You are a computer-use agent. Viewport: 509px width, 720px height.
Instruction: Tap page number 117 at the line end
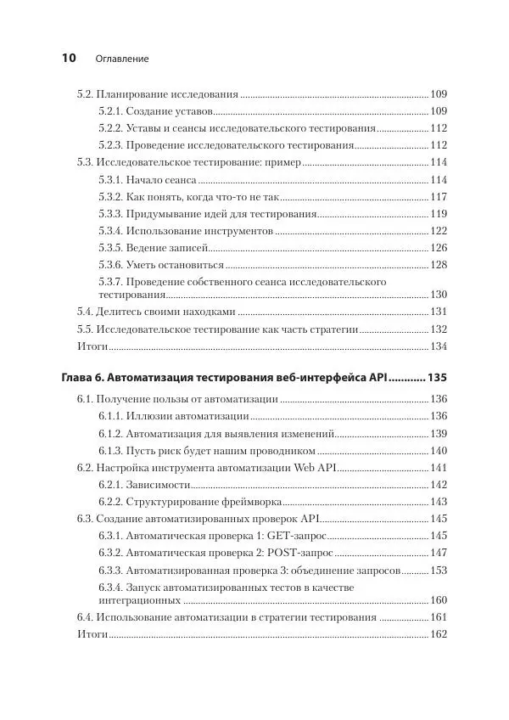tap(438, 197)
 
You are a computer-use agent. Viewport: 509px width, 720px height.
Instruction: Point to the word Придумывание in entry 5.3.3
tap(161, 214)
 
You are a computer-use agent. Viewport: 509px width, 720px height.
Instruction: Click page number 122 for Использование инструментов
tap(438, 231)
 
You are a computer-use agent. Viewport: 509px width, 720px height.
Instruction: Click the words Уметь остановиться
tap(176, 265)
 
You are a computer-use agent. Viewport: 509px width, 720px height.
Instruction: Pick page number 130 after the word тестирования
tap(438, 295)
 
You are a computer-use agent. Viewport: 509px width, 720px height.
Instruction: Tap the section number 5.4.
tap(85, 312)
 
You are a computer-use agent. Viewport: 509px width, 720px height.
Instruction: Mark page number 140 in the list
tap(438, 450)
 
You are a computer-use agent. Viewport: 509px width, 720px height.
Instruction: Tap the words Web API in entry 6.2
tap(315, 468)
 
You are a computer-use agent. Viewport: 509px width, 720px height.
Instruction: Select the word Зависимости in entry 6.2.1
tap(155, 484)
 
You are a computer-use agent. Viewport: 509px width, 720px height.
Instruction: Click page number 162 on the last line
tap(438, 634)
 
